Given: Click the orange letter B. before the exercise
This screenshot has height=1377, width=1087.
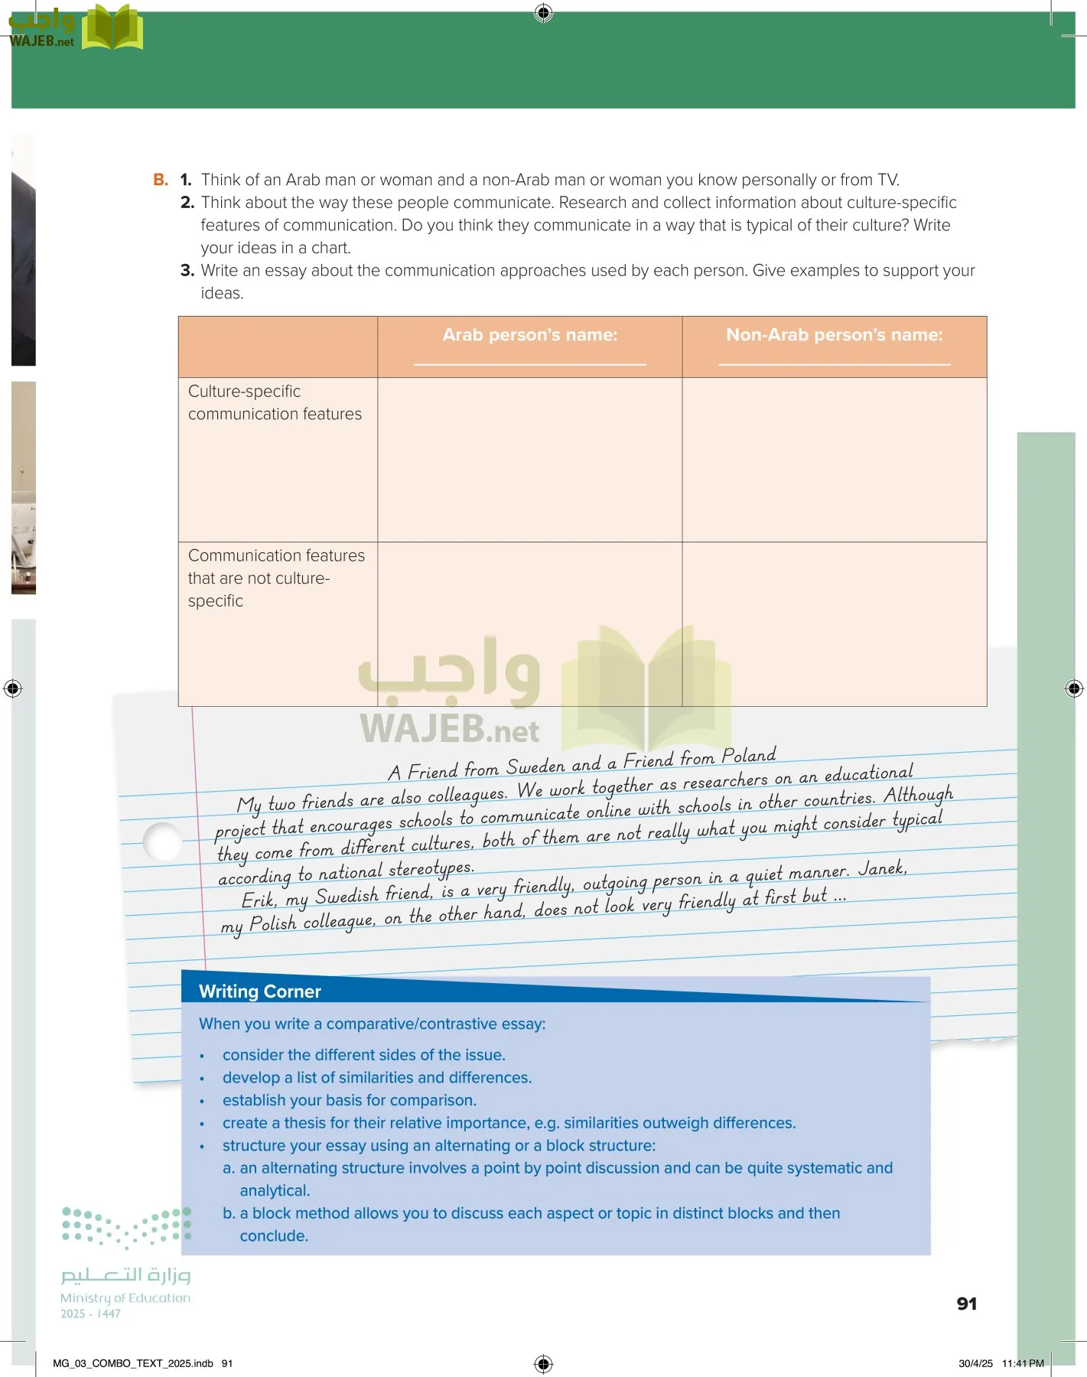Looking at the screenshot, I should pyautogui.click(x=161, y=180).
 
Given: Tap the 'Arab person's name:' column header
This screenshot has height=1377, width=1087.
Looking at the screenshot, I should pyautogui.click(x=529, y=335).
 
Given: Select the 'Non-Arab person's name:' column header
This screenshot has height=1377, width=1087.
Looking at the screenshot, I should pyautogui.click(x=834, y=335).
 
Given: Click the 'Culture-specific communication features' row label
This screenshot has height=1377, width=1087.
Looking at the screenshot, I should pyautogui.click(x=275, y=402).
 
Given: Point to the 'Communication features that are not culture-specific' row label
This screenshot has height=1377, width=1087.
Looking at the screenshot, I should pyautogui.click(x=276, y=578).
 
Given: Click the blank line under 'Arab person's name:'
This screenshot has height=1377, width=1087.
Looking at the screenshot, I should pyautogui.click(x=529, y=364).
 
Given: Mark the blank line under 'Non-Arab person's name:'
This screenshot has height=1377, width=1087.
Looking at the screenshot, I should pyautogui.click(x=834, y=364).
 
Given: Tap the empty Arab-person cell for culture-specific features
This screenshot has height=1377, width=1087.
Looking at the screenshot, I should pyautogui.click(x=529, y=460).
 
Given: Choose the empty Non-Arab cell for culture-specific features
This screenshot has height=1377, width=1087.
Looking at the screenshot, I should pyautogui.click(x=834, y=460).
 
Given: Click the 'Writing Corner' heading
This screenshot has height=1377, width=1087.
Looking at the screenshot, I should pyautogui.click(x=260, y=991).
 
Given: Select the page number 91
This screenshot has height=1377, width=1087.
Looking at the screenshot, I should pyautogui.click(x=967, y=1304).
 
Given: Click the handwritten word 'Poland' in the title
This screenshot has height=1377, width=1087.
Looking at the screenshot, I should pyautogui.click(x=749, y=756).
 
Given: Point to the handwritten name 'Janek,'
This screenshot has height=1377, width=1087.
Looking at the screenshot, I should pyautogui.click(x=882, y=868).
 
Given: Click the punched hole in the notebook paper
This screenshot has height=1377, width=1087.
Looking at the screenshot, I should pyautogui.click(x=163, y=841).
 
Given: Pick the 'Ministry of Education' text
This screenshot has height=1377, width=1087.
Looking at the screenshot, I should pyautogui.click(x=125, y=1297).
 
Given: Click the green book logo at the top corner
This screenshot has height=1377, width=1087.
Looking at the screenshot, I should pyautogui.click(x=112, y=28).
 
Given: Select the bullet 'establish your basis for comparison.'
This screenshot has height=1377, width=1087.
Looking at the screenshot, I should pyautogui.click(x=349, y=1100).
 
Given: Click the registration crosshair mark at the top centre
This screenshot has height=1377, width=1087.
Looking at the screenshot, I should pyautogui.click(x=543, y=12).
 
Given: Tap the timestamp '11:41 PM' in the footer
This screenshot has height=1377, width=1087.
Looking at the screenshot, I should pyautogui.click(x=1023, y=1363).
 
